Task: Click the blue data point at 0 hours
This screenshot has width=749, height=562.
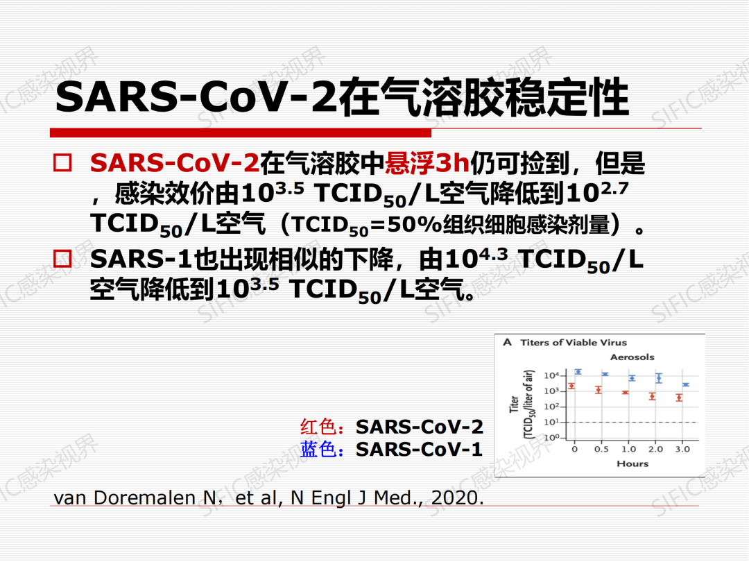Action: pos(578,372)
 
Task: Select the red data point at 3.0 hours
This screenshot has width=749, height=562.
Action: pos(679,398)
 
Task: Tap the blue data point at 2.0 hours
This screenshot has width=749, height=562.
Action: pos(660,378)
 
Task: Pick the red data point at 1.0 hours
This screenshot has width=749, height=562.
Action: pos(626,392)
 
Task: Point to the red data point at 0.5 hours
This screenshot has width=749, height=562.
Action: pos(599,390)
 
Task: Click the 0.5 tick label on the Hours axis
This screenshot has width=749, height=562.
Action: pos(601,449)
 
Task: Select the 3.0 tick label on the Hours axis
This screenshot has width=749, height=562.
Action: pos(682,449)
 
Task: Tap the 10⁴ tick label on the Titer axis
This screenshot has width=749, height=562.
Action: pos(552,375)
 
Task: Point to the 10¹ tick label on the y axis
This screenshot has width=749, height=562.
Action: pos(552,422)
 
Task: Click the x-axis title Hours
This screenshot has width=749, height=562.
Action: pos(632,463)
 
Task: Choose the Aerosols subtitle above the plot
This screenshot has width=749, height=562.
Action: pos(632,357)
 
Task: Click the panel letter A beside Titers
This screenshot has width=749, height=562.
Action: pos(507,342)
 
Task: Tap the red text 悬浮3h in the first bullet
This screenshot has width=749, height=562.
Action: pos(427,163)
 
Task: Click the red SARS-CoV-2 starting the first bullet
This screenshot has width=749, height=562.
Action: pos(175,163)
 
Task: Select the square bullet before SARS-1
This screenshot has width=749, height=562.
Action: pos(62,259)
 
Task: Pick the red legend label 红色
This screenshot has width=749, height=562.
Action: pos(318,427)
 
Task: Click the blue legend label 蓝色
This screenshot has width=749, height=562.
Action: pos(318,449)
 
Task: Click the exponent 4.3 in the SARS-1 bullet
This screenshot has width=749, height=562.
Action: pos(493,253)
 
